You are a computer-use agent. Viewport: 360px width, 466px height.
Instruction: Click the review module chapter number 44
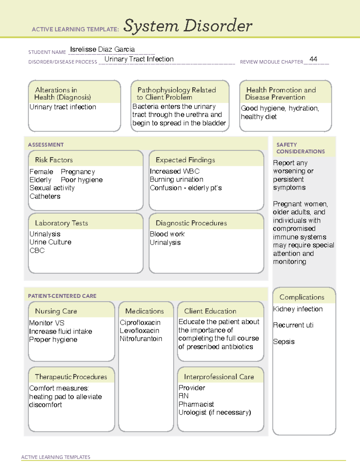coord(313,59)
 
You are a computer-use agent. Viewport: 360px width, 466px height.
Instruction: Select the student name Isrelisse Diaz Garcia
coord(102,49)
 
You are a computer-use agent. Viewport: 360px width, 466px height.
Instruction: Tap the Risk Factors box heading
coord(54,160)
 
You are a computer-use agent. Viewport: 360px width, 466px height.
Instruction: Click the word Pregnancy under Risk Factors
coord(78,172)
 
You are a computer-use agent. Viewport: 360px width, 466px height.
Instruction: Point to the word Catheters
coord(45,196)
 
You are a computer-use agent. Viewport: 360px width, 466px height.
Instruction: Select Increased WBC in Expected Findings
coord(175,171)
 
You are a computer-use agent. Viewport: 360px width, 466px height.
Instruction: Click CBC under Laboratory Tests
coord(37,251)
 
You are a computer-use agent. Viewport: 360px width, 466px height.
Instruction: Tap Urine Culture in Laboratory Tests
coord(50,242)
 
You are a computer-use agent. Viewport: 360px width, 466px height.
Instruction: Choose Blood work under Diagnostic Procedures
coord(167,234)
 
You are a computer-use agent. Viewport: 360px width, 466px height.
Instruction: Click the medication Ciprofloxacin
coord(140,323)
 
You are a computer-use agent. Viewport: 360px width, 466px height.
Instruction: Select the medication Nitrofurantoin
coord(141,339)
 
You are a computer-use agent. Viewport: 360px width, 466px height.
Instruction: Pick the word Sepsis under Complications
coord(284,342)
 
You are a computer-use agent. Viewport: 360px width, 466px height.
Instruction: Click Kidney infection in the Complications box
coord(298,309)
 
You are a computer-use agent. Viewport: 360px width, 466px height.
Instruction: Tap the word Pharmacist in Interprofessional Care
coord(196,404)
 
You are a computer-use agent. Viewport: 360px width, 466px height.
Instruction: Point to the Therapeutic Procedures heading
coord(71,377)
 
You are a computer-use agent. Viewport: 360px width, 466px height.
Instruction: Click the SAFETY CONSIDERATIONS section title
coord(300,148)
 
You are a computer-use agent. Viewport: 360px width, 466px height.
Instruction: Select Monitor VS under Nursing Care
coord(47,323)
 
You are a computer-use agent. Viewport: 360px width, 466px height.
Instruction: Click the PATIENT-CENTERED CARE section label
coord(62,296)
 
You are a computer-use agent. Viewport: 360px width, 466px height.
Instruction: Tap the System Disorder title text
coord(187,26)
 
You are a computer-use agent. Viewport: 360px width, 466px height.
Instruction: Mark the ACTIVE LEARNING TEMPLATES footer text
coord(56,457)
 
